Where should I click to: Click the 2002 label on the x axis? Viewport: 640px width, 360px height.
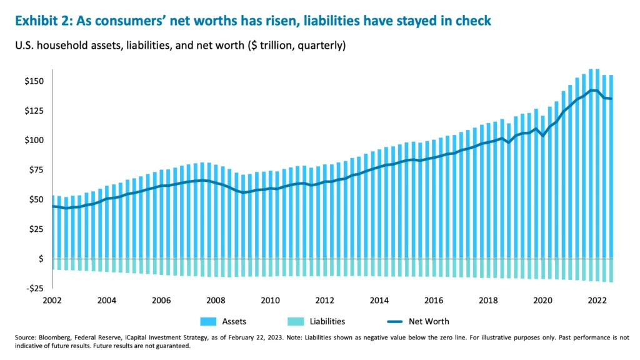point(52,301)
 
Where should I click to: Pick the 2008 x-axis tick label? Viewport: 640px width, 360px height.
point(216,301)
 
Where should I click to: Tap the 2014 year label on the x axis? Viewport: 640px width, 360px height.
point(379,301)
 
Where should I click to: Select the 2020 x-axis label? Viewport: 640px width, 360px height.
point(543,301)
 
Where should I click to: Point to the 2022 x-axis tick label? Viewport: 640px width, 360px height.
point(597,301)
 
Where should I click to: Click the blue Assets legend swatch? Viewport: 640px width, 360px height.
point(208,322)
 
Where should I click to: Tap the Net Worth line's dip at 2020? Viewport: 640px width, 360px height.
point(542,136)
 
